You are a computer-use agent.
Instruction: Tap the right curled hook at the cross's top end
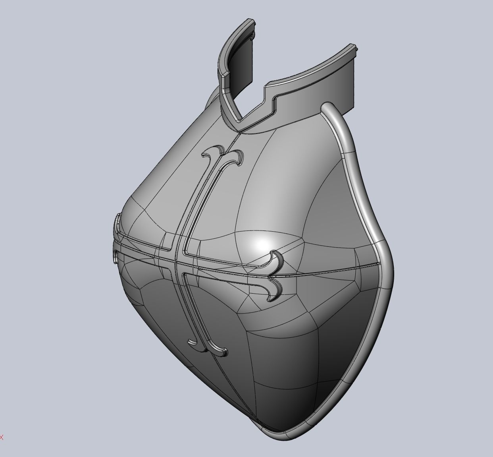coord(237,155)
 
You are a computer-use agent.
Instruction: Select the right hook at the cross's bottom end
coord(222,351)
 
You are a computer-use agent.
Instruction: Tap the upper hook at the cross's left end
coord(118,223)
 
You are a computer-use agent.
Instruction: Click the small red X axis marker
coord(2,438)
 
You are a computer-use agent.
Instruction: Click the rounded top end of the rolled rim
coord(327,107)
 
